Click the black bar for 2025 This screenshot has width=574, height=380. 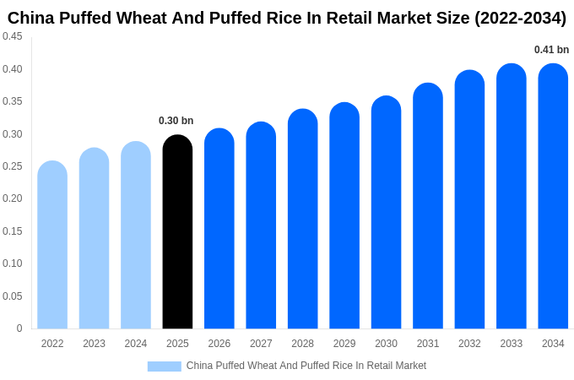click(x=177, y=232)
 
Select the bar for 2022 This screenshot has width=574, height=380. click(x=52, y=245)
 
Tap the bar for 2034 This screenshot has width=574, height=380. click(x=553, y=196)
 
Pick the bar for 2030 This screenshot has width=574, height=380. click(x=386, y=213)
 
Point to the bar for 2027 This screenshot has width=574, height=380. click(x=261, y=225)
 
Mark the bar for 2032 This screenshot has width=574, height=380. click(x=469, y=199)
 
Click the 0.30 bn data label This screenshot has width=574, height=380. click(x=176, y=121)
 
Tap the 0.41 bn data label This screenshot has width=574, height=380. click(x=551, y=50)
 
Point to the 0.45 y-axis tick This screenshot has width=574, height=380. click(x=13, y=36)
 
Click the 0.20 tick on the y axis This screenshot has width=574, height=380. click(x=13, y=198)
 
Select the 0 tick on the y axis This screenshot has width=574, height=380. click(x=19, y=328)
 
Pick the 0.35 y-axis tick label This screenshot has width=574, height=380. click(x=13, y=101)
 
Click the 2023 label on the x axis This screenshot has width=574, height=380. click(x=94, y=344)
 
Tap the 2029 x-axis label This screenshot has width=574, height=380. click(x=344, y=344)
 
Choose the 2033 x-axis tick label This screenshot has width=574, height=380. click(x=512, y=344)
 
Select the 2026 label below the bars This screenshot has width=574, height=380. click(x=219, y=344)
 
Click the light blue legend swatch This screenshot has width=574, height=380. click(x=164, y=366)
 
